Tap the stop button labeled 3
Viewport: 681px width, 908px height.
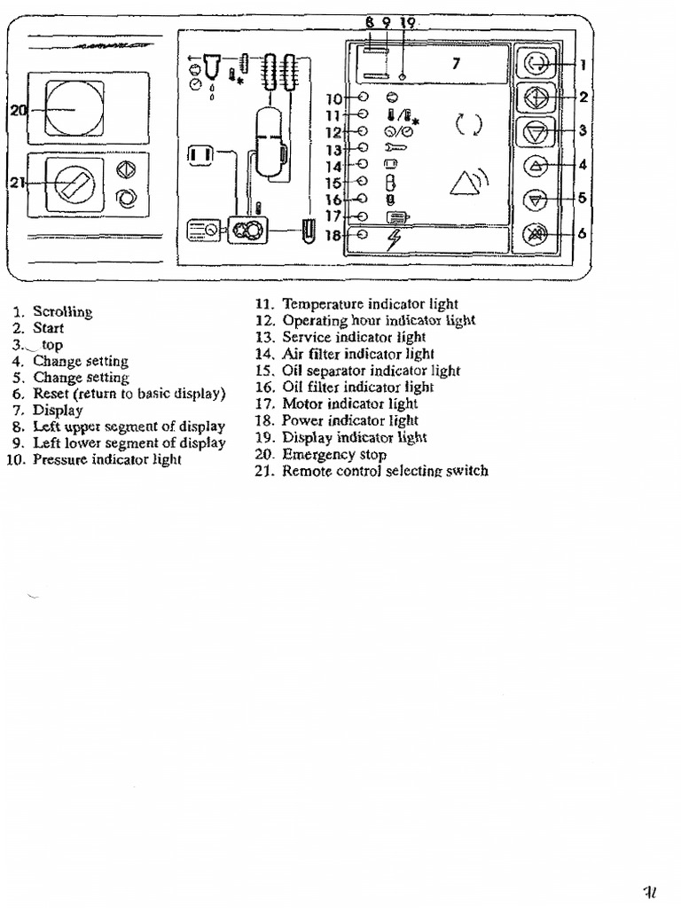537,132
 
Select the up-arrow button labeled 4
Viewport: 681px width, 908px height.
537,165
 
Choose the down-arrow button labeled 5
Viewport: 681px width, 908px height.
537,199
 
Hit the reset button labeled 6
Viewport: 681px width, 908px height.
537,234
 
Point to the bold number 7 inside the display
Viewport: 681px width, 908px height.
456,63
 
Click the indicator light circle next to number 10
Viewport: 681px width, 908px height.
363,98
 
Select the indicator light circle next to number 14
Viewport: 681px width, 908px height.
363,165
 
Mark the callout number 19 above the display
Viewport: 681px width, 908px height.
407,21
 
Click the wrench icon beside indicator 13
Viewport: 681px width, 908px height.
395,148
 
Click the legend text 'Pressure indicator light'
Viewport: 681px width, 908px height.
107,459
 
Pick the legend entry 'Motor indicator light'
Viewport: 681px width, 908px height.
349,403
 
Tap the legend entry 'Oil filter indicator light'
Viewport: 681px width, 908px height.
357,387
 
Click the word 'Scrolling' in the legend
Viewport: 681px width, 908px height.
63,311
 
